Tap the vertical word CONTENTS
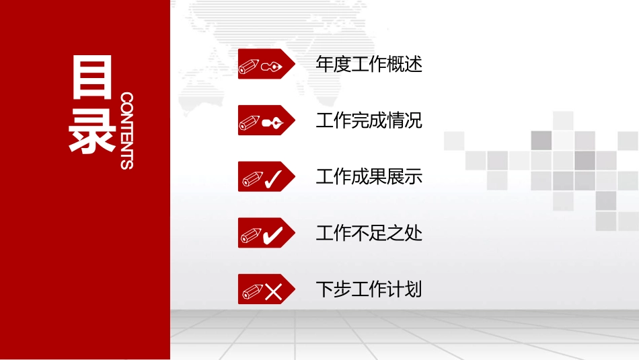point(126,131)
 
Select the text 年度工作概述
point(369,65)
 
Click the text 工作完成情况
point(369,121)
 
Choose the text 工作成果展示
point(369,177)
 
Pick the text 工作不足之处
point(369,233)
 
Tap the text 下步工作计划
point(369,290)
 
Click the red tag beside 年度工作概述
point(266,64)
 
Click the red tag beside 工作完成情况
point(266,120)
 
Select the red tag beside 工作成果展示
point(266,176)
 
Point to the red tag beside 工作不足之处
point(266,233)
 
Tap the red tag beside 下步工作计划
point(266,289)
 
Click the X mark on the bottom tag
point(274,291)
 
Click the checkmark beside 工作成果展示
point(273,179)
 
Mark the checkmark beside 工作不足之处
point(273,236)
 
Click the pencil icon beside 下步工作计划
point(253,291)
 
